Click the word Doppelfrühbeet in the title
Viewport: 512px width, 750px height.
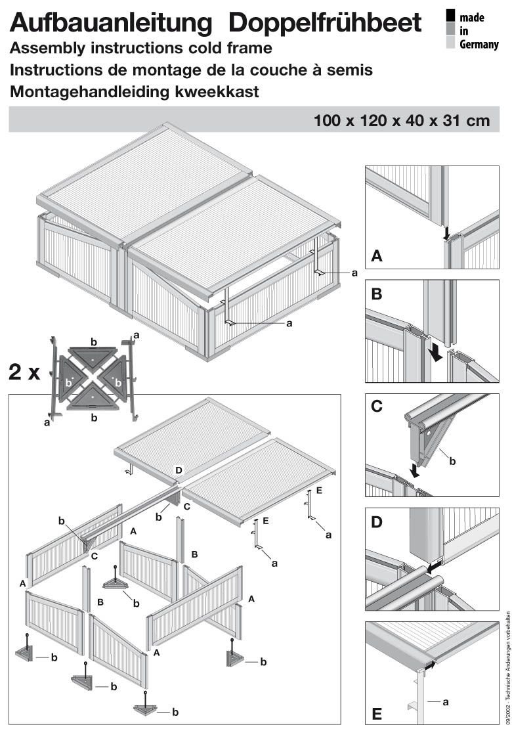(325, 24)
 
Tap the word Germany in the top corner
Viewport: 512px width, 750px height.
(479, 45)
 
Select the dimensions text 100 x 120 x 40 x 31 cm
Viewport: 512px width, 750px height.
(401, 120)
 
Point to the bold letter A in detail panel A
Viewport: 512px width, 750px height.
(377, 256)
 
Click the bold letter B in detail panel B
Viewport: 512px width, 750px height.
(377, 294)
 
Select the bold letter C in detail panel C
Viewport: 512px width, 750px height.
(377, 406)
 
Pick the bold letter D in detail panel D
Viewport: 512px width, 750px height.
(377, 523)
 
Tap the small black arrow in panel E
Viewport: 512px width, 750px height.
(429, 665)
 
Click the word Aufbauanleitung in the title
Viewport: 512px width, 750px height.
(112, 24)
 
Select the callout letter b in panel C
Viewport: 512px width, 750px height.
(452, 462)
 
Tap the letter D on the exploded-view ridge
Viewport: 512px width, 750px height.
(178, 470)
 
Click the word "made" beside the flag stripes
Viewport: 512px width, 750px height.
(472, 17)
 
